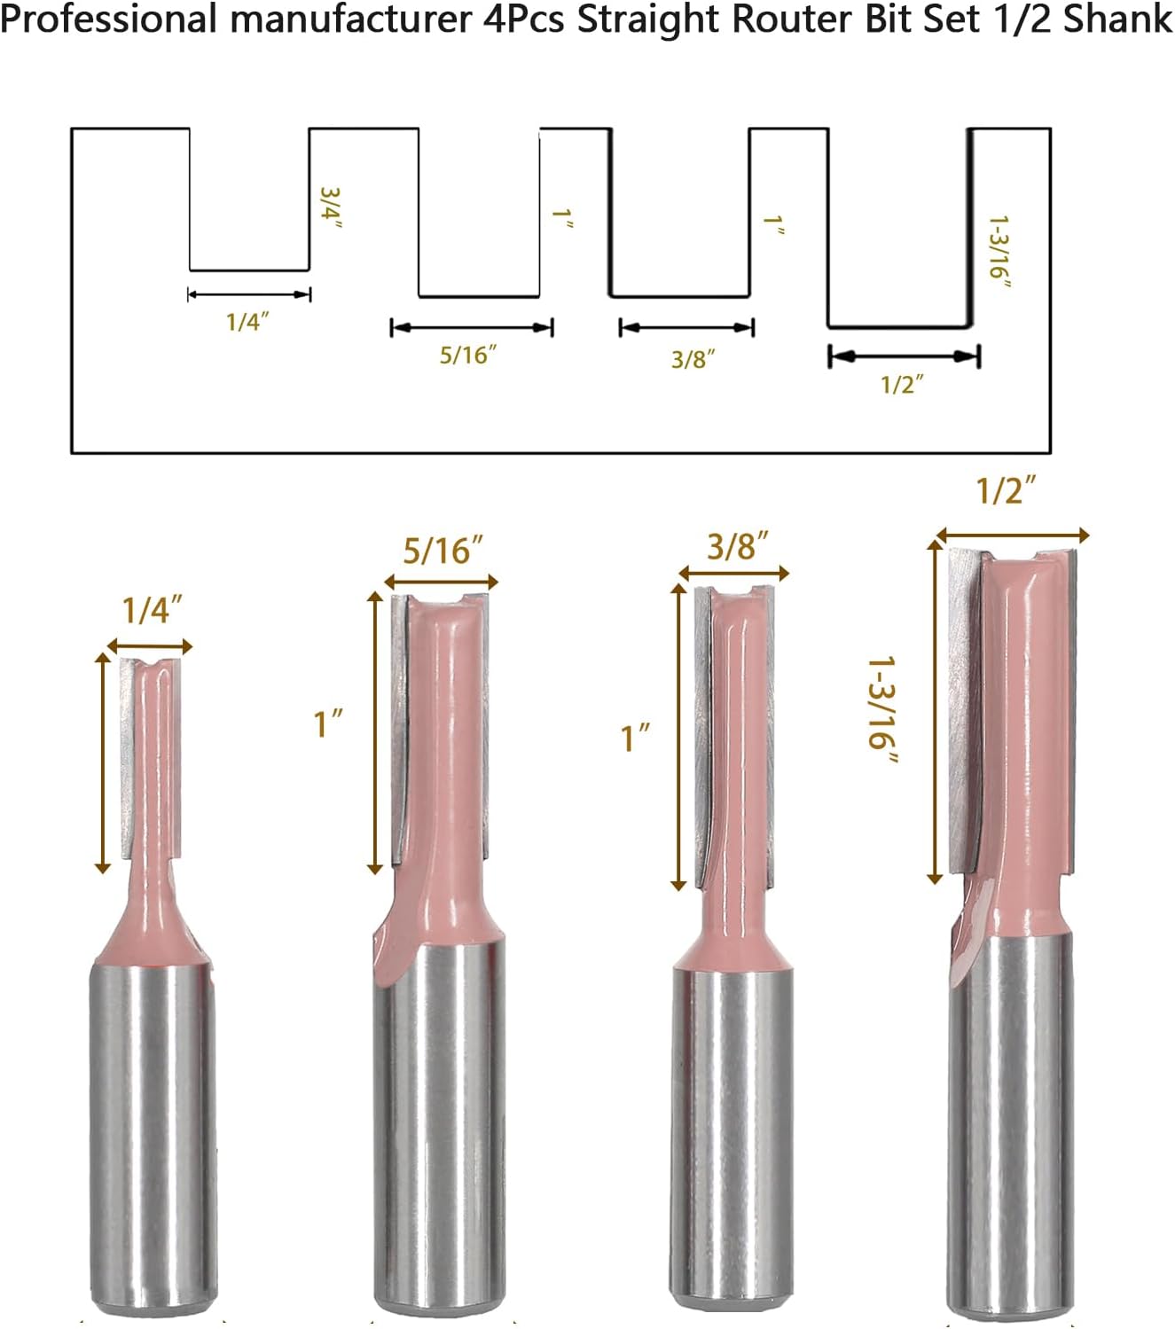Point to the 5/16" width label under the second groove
click(467, 355)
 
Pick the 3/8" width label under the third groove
click(693, 359)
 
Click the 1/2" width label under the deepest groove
click(902, 385)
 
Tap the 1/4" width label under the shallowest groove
click(247, 322)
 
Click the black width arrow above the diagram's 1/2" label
click(904, 356)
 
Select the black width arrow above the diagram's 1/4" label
click(249, 294)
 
